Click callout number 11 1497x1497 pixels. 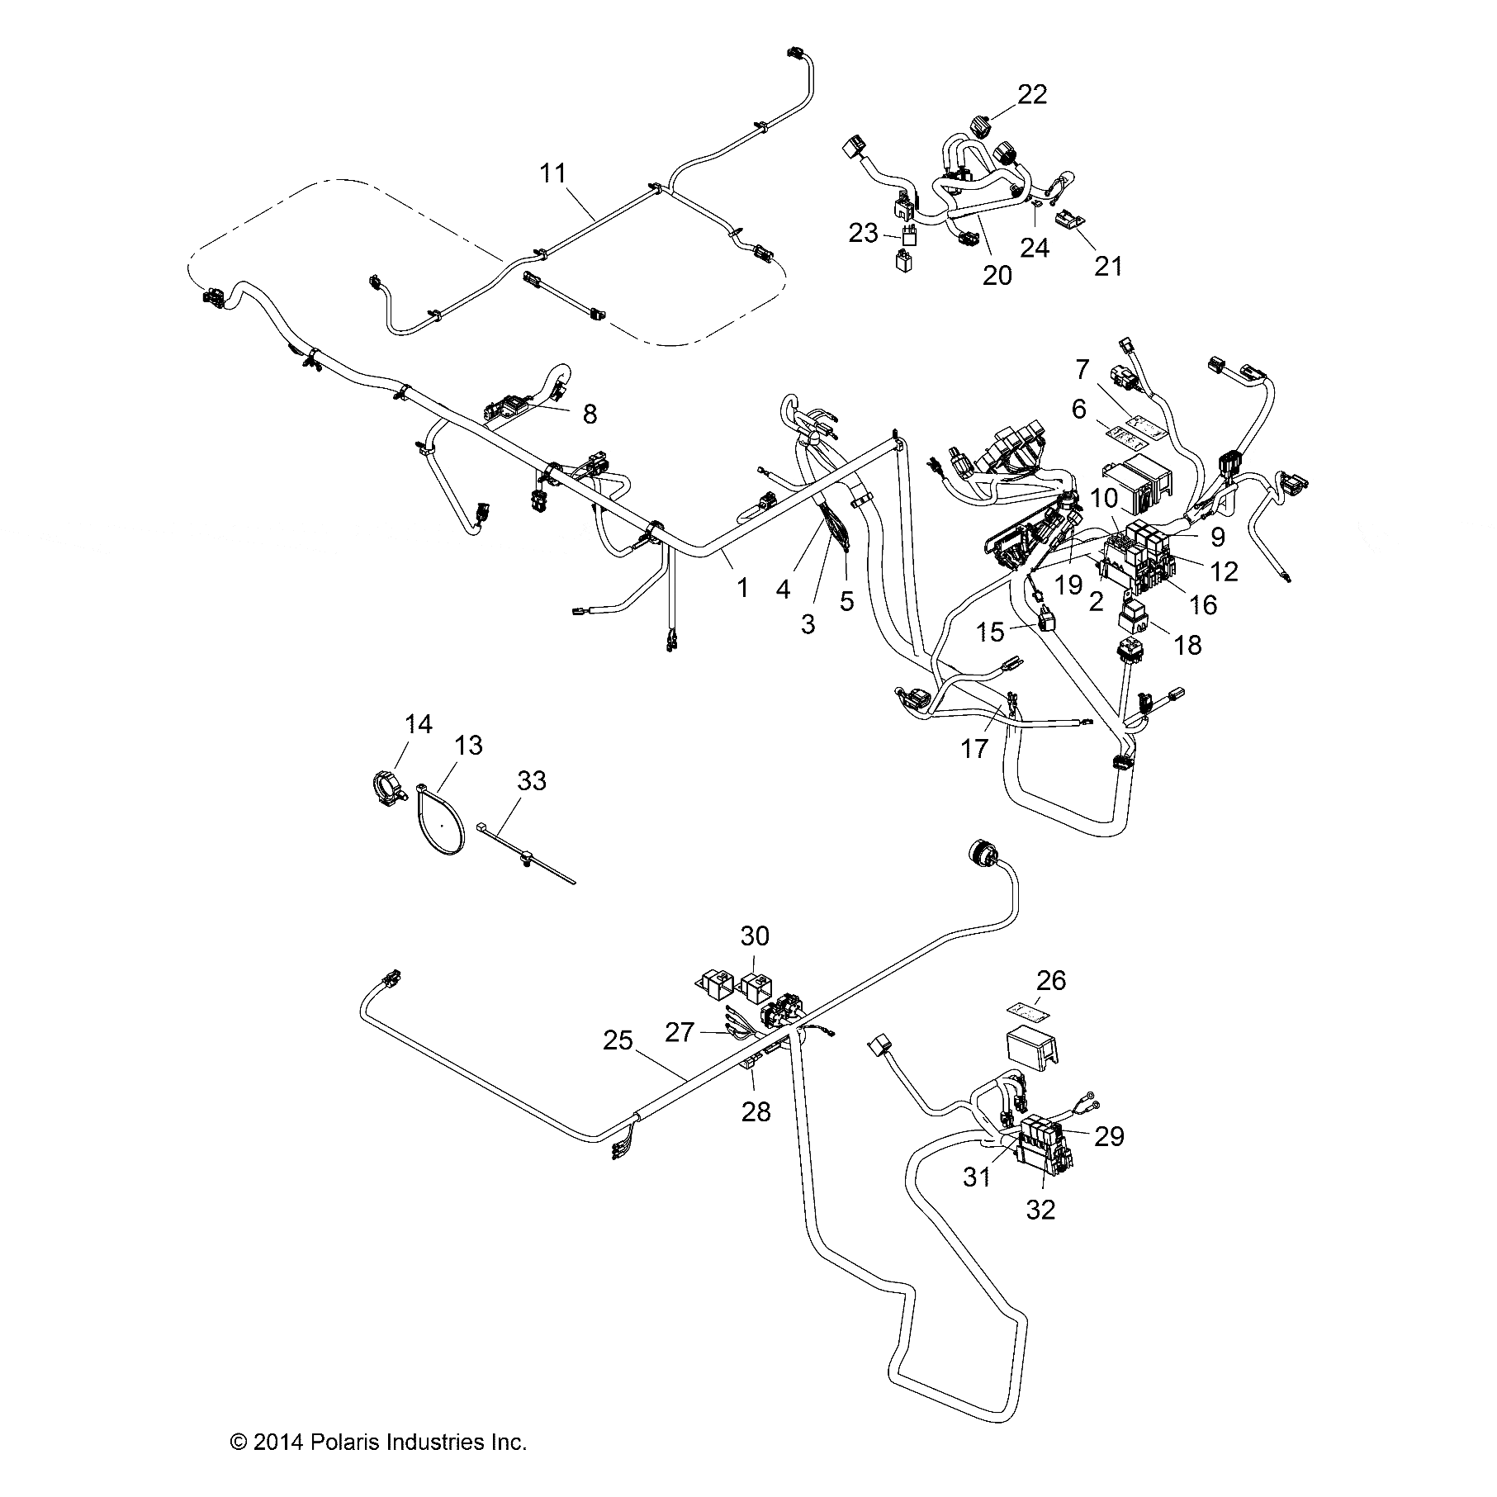[553, 173]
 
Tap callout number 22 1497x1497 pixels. [1032, 94]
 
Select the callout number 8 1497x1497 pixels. [590, 414]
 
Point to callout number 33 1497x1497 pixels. [532, 780]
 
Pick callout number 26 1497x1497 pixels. [1051, 981]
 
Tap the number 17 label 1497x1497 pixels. [974, 749]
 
